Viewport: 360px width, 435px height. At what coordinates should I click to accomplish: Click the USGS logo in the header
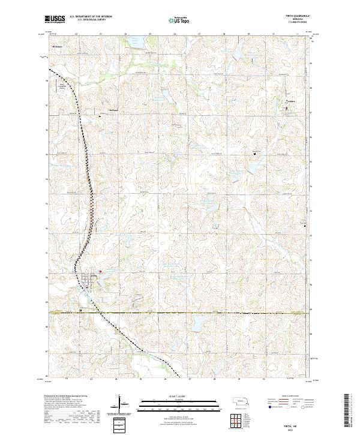[55, 19]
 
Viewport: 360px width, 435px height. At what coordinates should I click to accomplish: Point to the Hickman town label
[58, 46]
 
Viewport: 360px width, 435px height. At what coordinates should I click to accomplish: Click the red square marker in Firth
[101, 271]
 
